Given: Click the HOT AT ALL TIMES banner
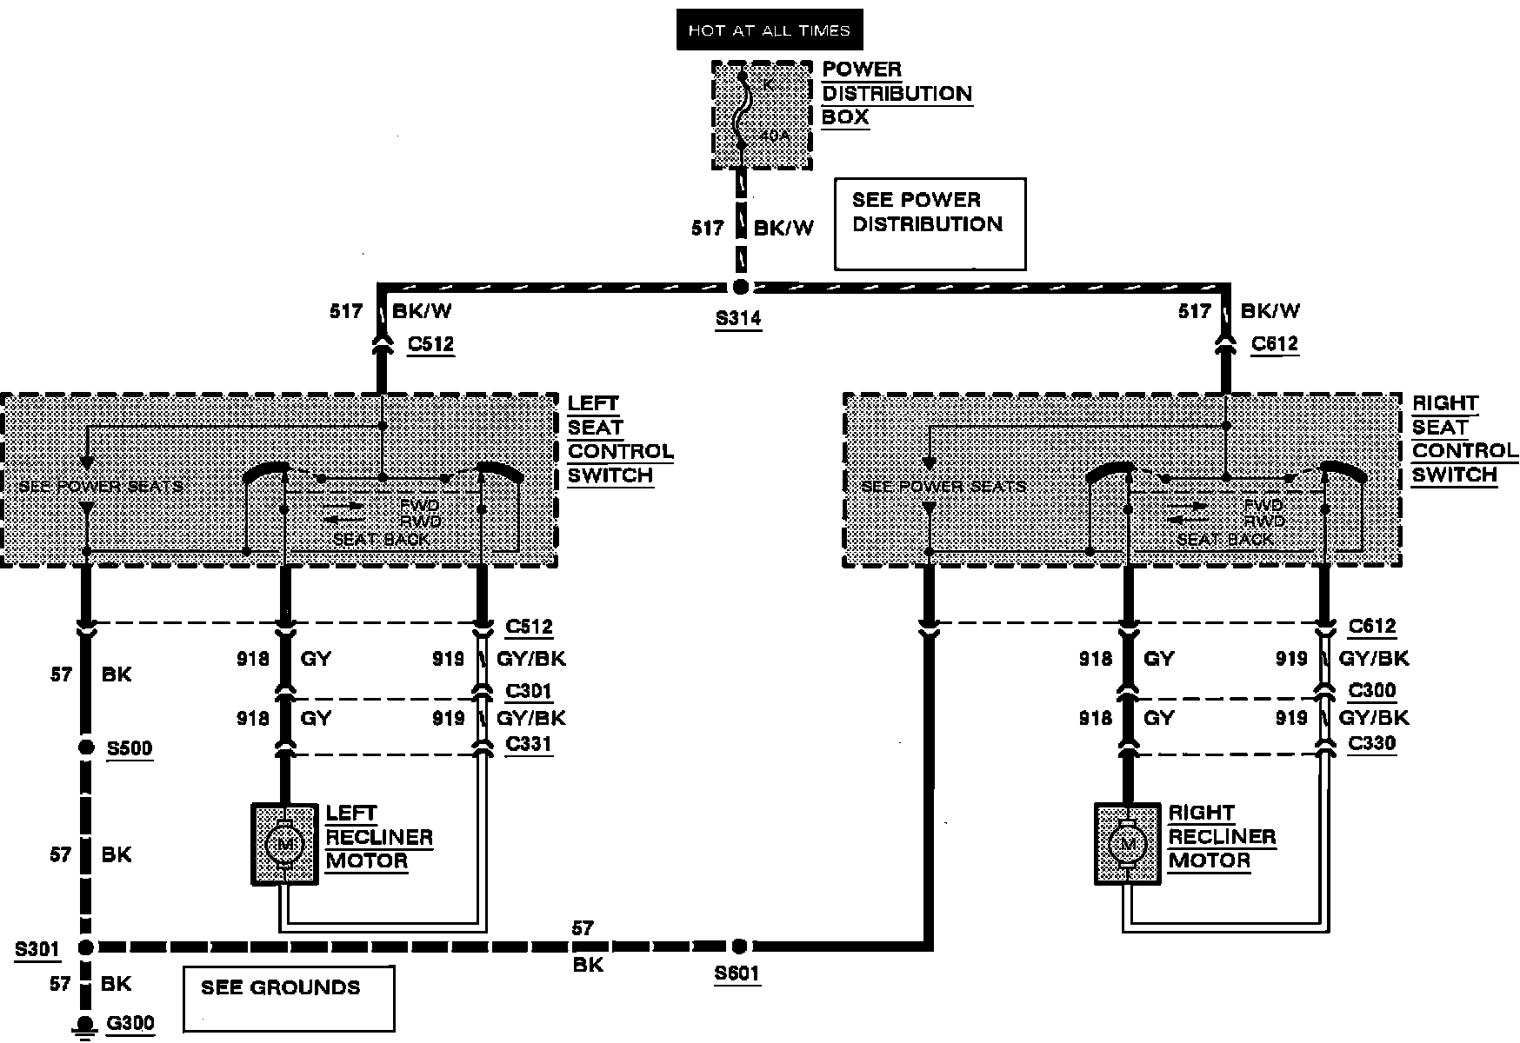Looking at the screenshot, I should [x=769, y=30].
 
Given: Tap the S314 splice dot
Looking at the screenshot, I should [x=740, y=287].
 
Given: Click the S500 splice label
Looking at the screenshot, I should [x=130, y=748].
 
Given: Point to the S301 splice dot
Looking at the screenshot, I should [x=85, y=947].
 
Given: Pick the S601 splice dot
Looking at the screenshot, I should [x=738, y=946].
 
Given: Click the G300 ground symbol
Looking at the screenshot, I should [x=85, y=1026].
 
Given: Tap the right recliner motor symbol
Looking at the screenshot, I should [x=1128, y=844].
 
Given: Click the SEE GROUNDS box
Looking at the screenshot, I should [x=289, y=998].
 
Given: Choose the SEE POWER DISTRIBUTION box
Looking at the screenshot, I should [x=930, y=224].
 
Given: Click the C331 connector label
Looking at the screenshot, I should [x=529, y=744].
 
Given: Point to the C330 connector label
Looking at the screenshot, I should [x=1372, y=743].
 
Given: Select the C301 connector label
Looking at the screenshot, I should [x=529, y=692].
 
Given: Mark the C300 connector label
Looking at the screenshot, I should [x=1372, y=691].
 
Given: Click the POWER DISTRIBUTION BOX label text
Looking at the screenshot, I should [x=897, y=94].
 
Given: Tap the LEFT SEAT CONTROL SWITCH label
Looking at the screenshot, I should [x=620, y=440].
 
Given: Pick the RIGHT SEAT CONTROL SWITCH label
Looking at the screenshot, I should [x=1464, y=440].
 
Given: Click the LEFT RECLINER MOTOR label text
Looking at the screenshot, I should [x=379, y=838].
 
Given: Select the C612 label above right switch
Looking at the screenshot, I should [x=1275, y=344].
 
